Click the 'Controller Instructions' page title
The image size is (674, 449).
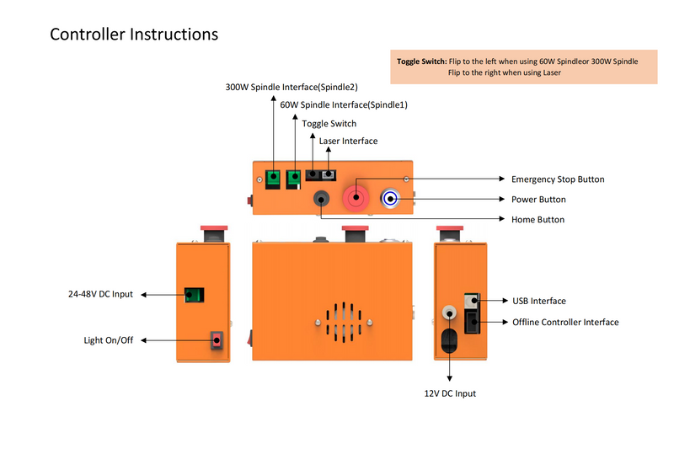[134, 35]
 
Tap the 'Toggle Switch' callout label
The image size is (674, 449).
[329, 124]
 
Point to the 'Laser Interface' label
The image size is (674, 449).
[348, 141]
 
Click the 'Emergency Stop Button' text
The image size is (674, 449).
[558, 179]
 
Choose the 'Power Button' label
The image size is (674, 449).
[538, 200]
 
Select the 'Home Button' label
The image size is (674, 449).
[538, 220]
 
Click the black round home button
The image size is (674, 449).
[321, 200]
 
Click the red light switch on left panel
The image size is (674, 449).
[217, 340]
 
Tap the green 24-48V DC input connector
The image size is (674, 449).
[195, 295]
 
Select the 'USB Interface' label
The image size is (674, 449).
[538, 301]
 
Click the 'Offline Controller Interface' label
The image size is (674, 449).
[565, 323]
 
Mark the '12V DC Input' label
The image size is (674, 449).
[450, 393]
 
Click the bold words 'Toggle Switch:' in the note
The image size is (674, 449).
[421, 61]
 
